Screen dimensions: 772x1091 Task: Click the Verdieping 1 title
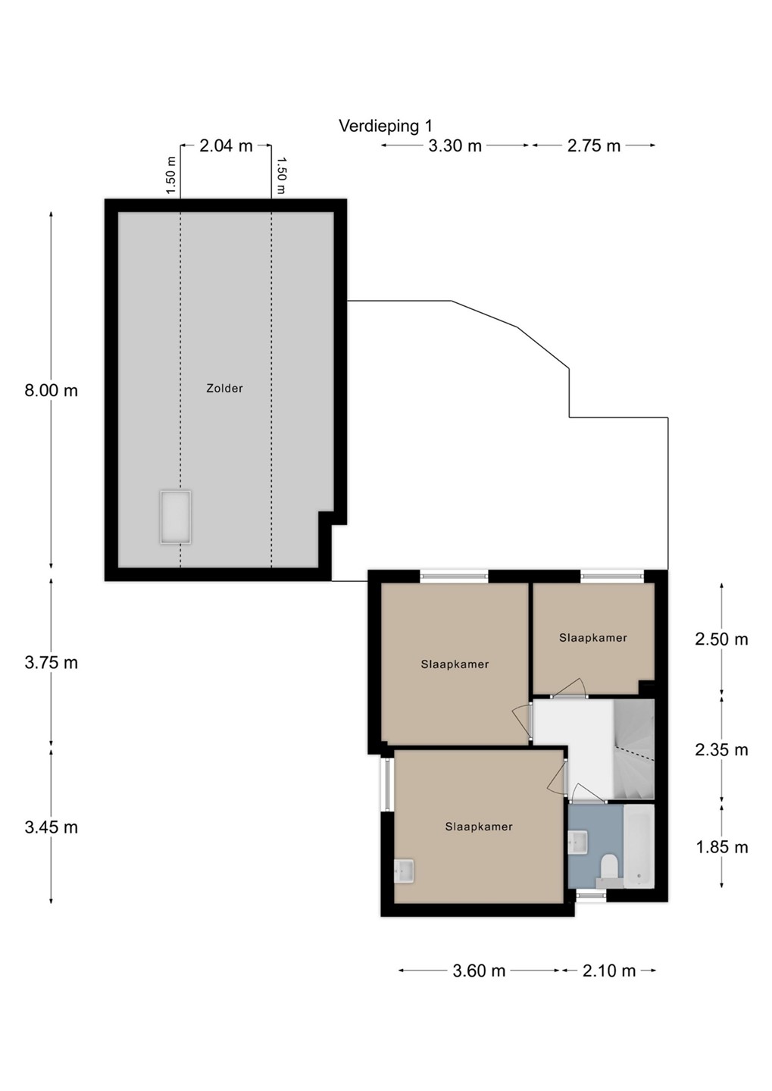tap(386, 126)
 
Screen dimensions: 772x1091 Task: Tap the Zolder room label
tap(224, 388)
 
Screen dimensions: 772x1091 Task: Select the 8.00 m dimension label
tap(52, 390)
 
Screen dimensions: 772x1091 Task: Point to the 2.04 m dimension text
tap(226, 145)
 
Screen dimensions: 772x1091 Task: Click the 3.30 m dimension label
tap(455, 145)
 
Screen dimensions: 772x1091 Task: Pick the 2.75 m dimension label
tap(594, 145)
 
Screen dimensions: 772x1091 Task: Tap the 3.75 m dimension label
tap(52, 662)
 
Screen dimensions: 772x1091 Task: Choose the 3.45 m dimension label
tap(52, 827)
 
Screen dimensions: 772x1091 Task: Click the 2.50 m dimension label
tap(721, 639)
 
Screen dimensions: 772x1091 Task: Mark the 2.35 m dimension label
tap(721, 749)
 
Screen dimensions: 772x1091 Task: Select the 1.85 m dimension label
tap(721, 847)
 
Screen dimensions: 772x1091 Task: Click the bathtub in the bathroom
tap(639, 846)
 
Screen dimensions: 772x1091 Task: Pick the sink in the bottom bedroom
tap(404, 871)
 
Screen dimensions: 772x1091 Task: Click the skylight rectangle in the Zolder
tap(175, 517)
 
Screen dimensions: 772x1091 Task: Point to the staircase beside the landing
tap(633, 749)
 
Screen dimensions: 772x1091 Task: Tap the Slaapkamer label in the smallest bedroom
tap(592, 638)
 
